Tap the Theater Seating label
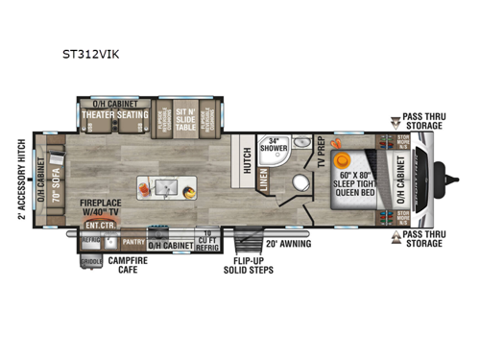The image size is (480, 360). (x=115, y=115)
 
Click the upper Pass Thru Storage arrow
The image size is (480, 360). (x=396, y=122)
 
